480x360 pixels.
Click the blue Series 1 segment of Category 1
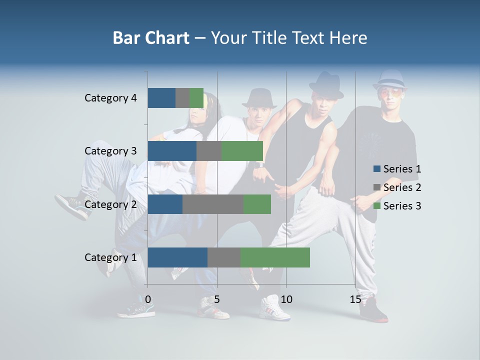[x=177, y=257]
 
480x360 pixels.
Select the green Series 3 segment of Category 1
[x=275, y=257]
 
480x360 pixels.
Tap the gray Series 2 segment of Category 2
[x=212, y=204]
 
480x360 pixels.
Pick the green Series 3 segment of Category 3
[x=242, y=151]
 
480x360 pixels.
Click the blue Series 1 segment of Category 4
[x=161, y=98]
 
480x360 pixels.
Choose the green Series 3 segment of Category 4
[x=196, y=98]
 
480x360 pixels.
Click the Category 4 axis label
[x=110, y=98]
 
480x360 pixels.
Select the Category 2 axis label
[x=110, y=204]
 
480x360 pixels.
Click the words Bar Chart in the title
[x=151, y=38]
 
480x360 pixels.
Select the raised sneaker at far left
[x=73, y=205]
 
